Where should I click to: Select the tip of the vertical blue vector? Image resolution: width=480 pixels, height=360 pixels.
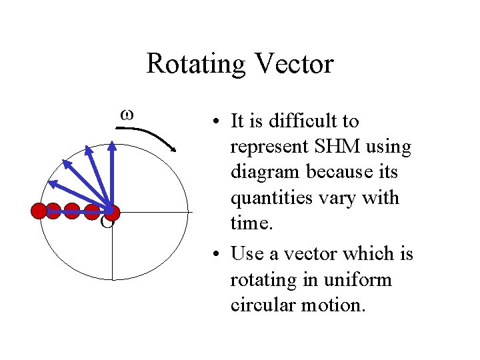click(112, 143)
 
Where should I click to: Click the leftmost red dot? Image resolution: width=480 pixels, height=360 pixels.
click(40, 211)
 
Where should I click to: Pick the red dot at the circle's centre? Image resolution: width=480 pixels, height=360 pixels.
click(112, 212)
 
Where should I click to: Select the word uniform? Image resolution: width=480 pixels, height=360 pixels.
click(361, 279)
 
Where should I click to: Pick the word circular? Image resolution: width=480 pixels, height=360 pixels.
click(261, 305)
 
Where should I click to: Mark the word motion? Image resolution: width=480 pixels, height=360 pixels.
click(333, 305)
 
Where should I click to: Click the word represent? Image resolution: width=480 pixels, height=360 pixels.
click(268, 147)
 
